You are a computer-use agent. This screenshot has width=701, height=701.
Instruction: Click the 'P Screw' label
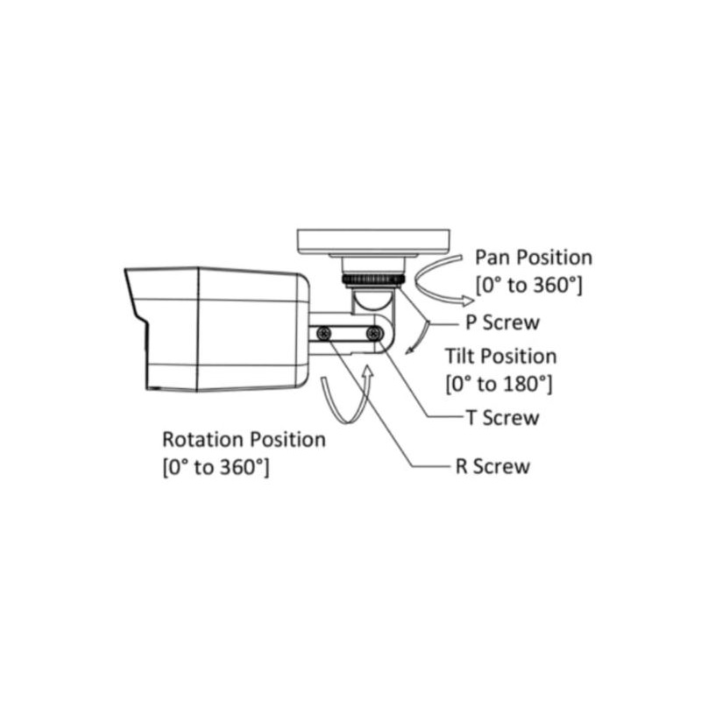501,322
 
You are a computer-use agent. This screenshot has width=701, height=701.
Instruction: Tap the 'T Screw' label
502,417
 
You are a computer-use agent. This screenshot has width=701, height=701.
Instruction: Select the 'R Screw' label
492,465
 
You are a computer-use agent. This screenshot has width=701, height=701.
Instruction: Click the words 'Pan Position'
534,258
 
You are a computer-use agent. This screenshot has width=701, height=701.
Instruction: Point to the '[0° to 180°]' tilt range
499,383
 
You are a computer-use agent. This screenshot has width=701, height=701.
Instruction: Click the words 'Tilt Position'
500,357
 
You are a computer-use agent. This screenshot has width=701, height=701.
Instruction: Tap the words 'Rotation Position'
244,439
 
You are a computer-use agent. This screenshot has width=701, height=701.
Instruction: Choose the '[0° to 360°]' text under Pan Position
529,285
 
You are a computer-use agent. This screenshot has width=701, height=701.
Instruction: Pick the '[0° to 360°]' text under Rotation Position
216,466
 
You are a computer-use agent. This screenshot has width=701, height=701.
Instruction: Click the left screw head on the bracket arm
324,333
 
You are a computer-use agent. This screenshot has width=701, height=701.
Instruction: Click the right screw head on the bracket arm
375,333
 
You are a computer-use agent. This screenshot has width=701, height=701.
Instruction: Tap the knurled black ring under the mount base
373,280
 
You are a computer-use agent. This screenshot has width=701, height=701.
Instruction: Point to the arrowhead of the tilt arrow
408,353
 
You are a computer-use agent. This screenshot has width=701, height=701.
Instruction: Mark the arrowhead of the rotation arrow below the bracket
368,372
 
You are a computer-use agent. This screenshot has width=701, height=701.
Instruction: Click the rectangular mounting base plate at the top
373,241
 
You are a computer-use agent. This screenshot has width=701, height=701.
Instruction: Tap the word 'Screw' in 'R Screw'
503,465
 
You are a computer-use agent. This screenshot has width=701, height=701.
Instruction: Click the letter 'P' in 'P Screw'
471,322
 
